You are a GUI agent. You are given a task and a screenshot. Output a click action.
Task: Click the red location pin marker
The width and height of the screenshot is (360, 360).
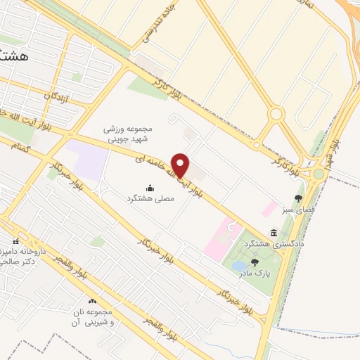181,165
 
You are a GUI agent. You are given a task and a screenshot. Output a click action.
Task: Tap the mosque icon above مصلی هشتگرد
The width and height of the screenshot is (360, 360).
150,188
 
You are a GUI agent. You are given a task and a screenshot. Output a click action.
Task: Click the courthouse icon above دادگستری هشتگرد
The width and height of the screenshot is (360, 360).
273,233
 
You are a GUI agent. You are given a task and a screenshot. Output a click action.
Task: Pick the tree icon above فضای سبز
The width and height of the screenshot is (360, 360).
299,198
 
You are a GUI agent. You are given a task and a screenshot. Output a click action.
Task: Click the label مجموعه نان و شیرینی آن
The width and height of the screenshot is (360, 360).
96,316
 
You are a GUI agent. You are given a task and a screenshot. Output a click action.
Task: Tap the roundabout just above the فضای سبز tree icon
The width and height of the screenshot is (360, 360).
319,174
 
